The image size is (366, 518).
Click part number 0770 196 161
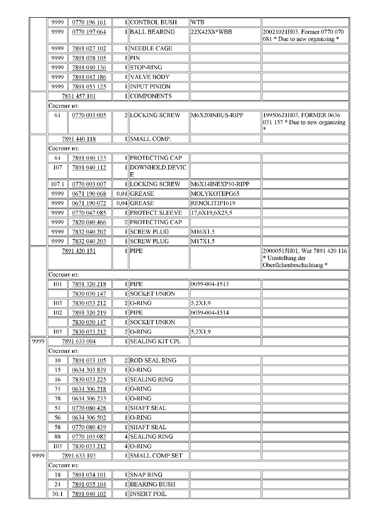(x=89, y=22)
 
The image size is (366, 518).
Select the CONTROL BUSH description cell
(x=153, y=22)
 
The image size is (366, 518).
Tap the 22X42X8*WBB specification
(x=211, y=32)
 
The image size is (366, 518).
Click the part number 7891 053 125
(x=89, y=87)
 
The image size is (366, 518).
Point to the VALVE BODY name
(x=150, y=77)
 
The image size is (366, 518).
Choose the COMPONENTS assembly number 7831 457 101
(x=79, y=96)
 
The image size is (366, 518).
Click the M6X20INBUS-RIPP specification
(x=217, y=115)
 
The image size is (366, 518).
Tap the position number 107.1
(x=57, y=184)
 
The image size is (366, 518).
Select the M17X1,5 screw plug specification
(x=203, y=241)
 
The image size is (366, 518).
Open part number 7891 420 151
(x=79, y=251)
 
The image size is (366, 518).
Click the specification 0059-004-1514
(x=210, y=313)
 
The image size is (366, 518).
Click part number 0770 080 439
(x=89, y=427)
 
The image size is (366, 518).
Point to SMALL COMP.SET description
(x=156, y=456)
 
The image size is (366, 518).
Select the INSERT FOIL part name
(x=148, y=494)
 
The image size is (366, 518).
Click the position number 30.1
(x=57, y=494)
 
